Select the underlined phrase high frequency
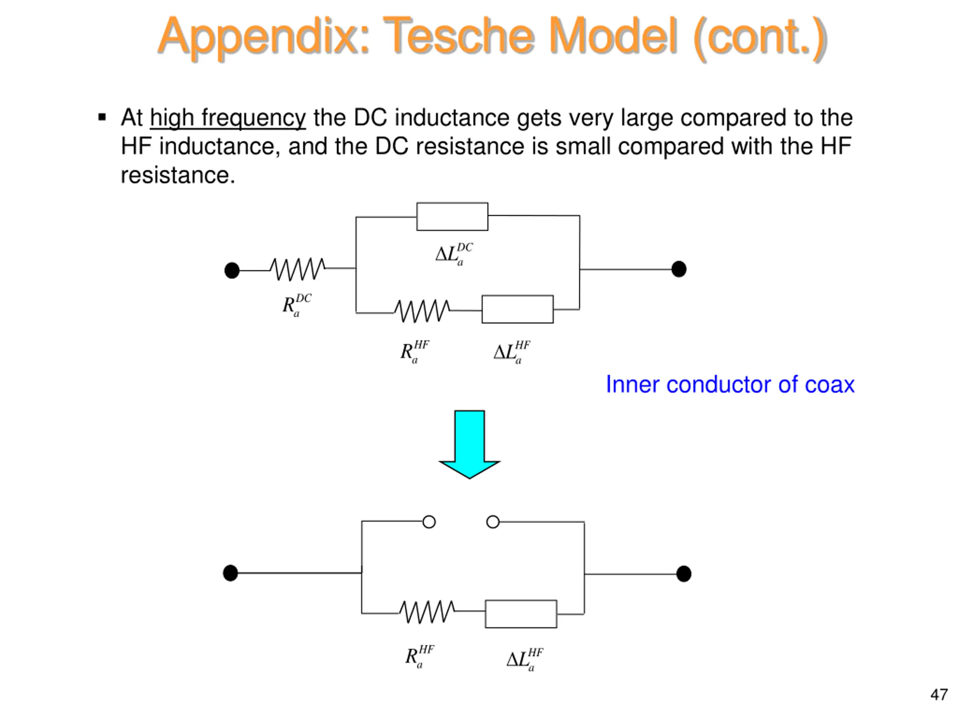pyautogui.click(x=228, y=118)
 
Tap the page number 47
pyautogui.click(x=939, y=695)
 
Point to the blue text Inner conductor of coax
pyautogui.click(x=730, y=384)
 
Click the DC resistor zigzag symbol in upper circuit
pyautogui.click(x=298, y=269)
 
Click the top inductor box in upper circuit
pyautogui.click(x=452, y=217)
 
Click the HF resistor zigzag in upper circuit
pyautogui.click(x=422, y=311)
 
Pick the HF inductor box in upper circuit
pyautogui.click(x=518, y=309)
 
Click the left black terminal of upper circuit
pyautogui.click(x=232, y=270)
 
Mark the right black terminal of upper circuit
pyautogui.click(x=679, y=269)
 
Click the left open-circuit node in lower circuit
pyautogui.click(x=429, y=522)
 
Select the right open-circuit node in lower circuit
pyautogui.click(x=493, y=522)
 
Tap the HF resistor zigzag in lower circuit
pyautogui.click(x=427, y=611)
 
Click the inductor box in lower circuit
pyautogui.click(x=521, y=614)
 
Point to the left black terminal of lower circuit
pyautogui.click(x=231, y=573)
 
